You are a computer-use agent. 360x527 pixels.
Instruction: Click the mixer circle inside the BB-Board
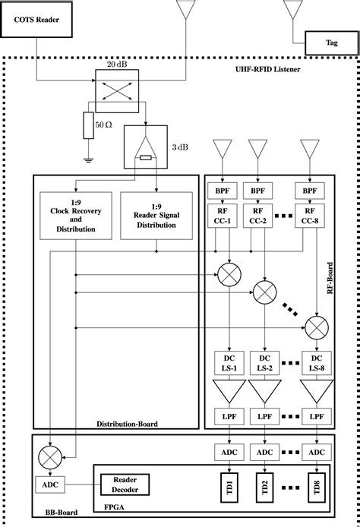click(50, 457)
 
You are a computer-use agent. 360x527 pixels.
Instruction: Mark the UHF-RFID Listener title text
click(270, 70)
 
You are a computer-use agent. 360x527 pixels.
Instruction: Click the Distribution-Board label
click(128, 424)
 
